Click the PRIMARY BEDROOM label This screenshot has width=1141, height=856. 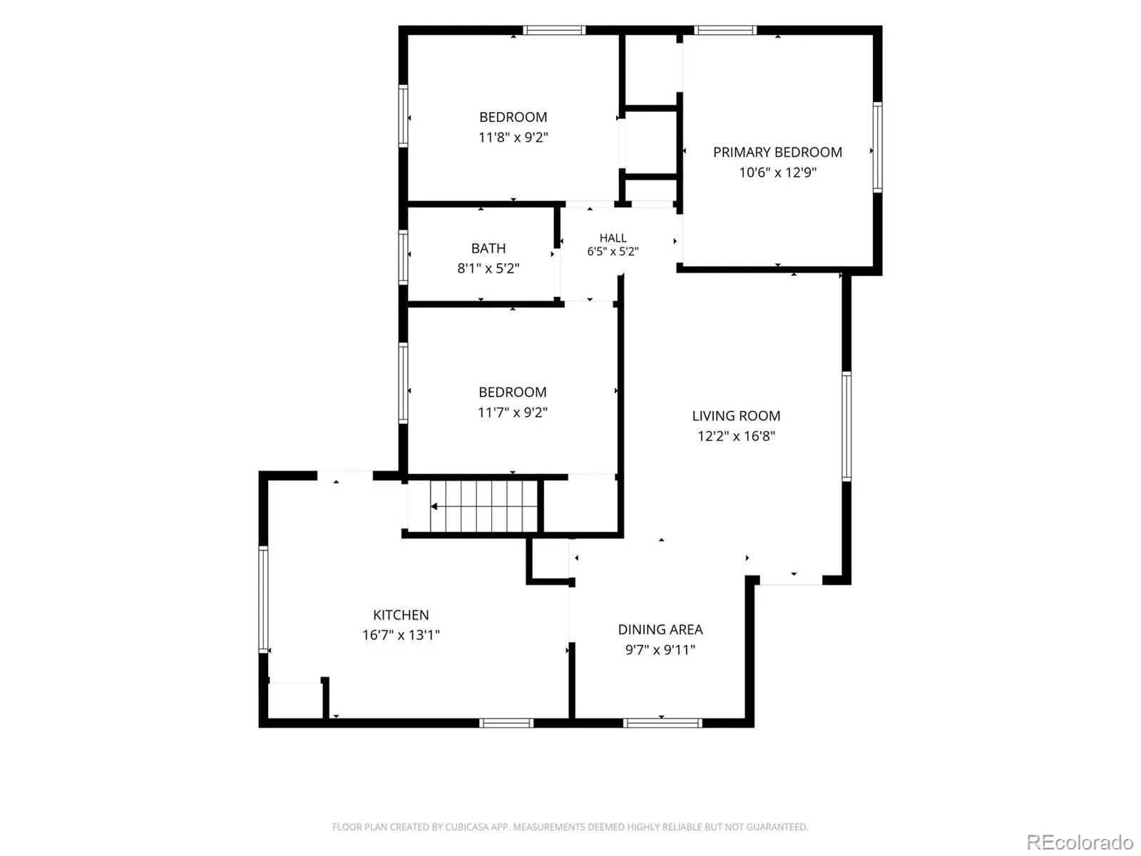tap(777, 152)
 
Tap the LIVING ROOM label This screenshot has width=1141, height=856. tap(736, 416)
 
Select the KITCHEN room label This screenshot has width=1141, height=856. tap(401, 615)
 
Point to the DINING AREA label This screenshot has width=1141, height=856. tap(660, 629)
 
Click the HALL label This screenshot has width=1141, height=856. tap(613, 238)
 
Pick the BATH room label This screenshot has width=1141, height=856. tap(488, 248)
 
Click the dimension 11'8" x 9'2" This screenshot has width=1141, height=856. tap(513, 137)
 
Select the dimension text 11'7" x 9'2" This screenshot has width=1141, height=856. tap(513, 412)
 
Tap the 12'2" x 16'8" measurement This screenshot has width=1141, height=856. tap(736, 436)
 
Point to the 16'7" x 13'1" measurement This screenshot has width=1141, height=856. tap(401, 635)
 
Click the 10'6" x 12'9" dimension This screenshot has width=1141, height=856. tap(777, 172)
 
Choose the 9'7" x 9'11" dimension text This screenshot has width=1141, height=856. tap(660, 650)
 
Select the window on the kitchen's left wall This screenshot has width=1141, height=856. tap(264, 599)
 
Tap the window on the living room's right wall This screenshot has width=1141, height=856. tap(846, 426)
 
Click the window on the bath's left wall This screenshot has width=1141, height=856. tap(403, 258)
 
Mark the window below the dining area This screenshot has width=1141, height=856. tap(662, 723)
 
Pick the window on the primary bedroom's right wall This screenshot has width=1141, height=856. tap(877, 147)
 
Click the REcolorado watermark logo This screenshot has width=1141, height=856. tap(1080, 842)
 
